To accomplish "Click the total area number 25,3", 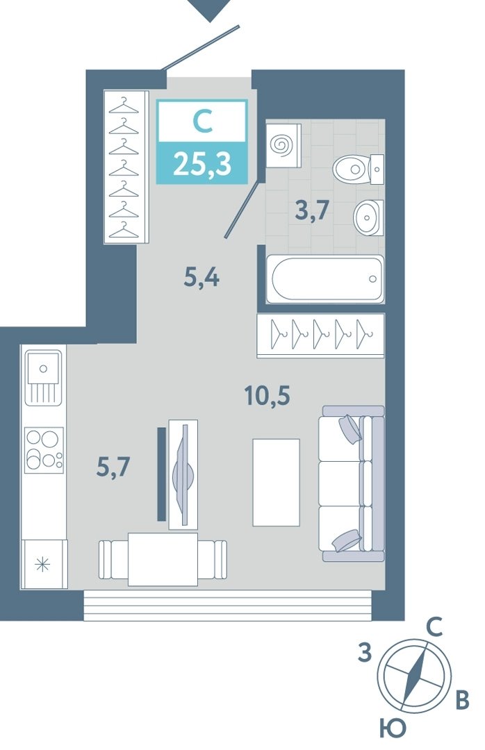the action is pyautogui.click(x=202, y=164).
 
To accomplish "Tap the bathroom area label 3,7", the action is pyautogui.click(x=312, y=210).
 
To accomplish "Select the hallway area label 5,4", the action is pyautogui.click(x=201, y=277).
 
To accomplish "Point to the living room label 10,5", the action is pyautogui.click(x=267, y=396).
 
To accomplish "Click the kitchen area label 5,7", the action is pyautogui.click(x=113, y=467).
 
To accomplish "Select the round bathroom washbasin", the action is pyautogui.click(x=368, y=217).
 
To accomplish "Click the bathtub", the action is pyautogui.click(x=325, y=279).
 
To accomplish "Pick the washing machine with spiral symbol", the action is pyautogui.click(x=283, y=146).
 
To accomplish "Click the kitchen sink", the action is pyautogui.click(x=44, y=377).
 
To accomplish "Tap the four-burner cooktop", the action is pyautogui.click(x=44, y=449).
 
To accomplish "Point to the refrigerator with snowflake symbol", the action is pyautogui.click(x=44, y=565).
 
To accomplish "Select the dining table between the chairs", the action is pyautogui.click(x=163, y=559).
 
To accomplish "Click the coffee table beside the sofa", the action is pyautogui.click(x=277, y=482).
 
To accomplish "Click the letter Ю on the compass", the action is pyautogui.click(x=393, y=729).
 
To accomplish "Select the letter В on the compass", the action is pyautogui.click(x=461, y=700).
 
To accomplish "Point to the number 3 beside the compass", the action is pyautogui.click(x=365, y=652).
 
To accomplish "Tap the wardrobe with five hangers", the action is pyautogui.click(x=320, y=335).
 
